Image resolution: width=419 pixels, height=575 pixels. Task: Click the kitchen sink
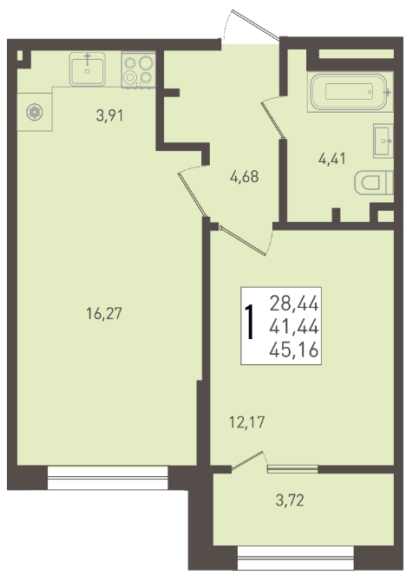[88, 69]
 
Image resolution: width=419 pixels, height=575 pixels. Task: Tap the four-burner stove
[138, 70]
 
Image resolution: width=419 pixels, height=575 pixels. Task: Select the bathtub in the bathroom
[350, 92]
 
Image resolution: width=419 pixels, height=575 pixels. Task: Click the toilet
[374, 182]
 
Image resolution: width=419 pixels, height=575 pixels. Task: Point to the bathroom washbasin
[383, 140]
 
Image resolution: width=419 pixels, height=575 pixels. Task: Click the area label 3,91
[109, 116]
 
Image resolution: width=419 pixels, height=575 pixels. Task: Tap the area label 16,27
[104, 314]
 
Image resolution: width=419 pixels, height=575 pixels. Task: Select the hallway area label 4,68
[245, 177]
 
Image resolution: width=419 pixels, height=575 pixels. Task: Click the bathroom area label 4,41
[332, 160]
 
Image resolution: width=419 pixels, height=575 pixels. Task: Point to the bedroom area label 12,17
[246, 422]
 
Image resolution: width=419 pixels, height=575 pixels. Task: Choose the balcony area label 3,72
[290, 500]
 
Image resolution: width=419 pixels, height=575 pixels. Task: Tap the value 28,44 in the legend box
[294, 304]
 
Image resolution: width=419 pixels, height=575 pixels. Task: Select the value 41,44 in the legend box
[294, 326]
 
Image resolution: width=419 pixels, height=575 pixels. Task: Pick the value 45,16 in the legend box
[294, 350]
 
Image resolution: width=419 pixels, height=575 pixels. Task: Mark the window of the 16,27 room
[108, 478]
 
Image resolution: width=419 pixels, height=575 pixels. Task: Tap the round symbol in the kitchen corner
[35, 112]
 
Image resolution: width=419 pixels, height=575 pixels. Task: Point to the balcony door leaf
[247, 461]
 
